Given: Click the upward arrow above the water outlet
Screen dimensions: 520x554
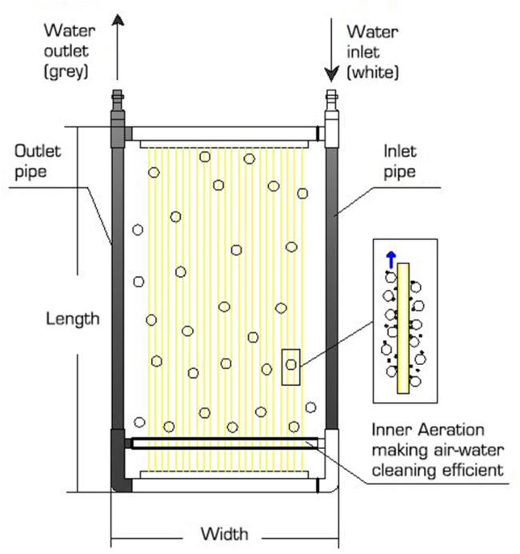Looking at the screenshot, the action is pyautogui.click(x=118, y=48).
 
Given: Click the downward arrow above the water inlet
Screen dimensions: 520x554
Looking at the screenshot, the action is pyautogui.click(x=331, y=50).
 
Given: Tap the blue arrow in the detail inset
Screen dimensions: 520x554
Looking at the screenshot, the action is pyautogui.click(x=390, y=259).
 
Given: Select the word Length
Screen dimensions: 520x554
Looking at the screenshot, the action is pyautogui.click(x=73, y=319).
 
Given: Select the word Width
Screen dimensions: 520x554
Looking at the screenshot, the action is pyautogui.click(x=224, y=533).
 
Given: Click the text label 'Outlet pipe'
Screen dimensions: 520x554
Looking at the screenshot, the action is pyautogui.click(x=38, y=162).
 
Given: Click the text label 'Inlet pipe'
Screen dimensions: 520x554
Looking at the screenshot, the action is pyautogui.click(x=400, y=162).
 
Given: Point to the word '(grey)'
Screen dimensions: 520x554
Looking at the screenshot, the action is pyautogui.click(x=66, y=72).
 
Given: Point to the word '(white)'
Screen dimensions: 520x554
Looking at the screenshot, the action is pyautogui.click(x=373, y=72).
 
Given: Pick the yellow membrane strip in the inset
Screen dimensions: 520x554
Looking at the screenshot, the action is pyautogui.click(x=403, y=328).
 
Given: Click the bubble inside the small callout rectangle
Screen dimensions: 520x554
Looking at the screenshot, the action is pyautogui.click(x=291, y=364).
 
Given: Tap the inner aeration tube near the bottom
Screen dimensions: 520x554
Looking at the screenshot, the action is pyautogui.click(x=225, y=444).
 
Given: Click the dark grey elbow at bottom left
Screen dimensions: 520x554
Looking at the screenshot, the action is pyautogui.click(x=120, y=460).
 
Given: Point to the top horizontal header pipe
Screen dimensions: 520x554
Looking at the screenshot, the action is pyautogui.click(x=224, y=134).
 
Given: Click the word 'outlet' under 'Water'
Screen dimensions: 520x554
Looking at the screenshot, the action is pyautogui.click(x=66, y=51).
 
